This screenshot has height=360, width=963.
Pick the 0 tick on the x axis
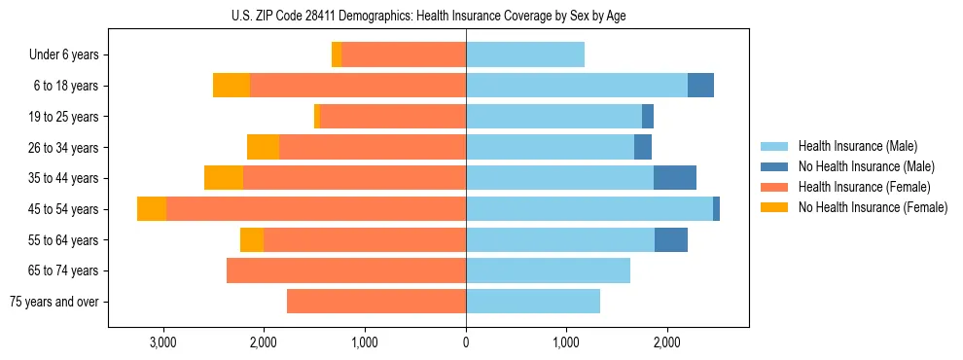pyautogui.click(x=466, y=342)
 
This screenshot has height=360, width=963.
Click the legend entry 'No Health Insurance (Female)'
pyautogui.click(x=872, y=207)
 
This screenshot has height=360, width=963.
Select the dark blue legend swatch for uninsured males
pyautogui.click(x=774, y=166)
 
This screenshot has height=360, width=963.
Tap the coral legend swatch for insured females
pyautogui.click(x=774, y=187)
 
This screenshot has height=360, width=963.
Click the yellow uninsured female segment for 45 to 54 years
pyautogui.click(x=152, y=209)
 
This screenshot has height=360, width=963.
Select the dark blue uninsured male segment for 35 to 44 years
pyautogui.click(x=675, y=178)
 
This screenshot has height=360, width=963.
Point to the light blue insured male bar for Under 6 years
pyautogui.click(x=525, y=55)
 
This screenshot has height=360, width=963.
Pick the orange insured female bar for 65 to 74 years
pyautogui.click(x=346, y=270)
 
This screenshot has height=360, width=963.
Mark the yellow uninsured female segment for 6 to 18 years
pyautogui.click(x=232, y=86)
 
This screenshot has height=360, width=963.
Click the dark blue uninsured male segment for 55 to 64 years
pyautogui.click(x=671, y=239)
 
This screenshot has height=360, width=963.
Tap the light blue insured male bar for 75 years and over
pyautogui.click(x=533, y=302)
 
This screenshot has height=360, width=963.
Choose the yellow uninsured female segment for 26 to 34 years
pyautogui.click(x=263, y=148)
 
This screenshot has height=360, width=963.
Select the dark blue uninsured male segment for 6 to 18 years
pyautogui.click(x=700, y=86)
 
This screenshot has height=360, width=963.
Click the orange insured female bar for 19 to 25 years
pyautogui.click(x=393, y=117)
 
